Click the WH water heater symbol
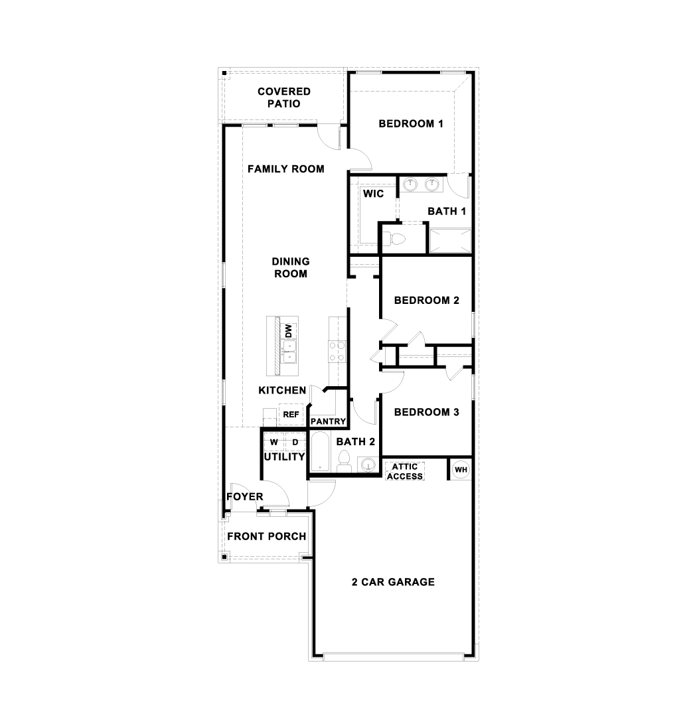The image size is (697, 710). click(460, 470)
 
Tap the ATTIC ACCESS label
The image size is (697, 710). click(404, 471)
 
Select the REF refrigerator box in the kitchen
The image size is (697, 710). click(291, 415)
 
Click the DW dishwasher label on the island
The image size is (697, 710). click(289, 331)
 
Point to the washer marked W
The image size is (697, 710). click(273, 442)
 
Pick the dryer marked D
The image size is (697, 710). click(295, 442)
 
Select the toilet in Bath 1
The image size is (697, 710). click(398, 238)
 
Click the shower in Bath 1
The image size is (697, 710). click(450, 240)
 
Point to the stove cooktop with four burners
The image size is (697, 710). click(337, 350)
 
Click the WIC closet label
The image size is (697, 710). click(372, 194)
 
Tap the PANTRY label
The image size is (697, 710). click(329, 421)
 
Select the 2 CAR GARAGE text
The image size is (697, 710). click(393, 582)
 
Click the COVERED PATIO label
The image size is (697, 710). click(284, 98)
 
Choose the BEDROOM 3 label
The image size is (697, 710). click(426, 412)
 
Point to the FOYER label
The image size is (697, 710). click(245, 496)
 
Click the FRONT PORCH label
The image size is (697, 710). click(267, 536)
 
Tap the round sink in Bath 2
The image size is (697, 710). click(366, 464)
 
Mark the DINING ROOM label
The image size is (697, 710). click(291, 267)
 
